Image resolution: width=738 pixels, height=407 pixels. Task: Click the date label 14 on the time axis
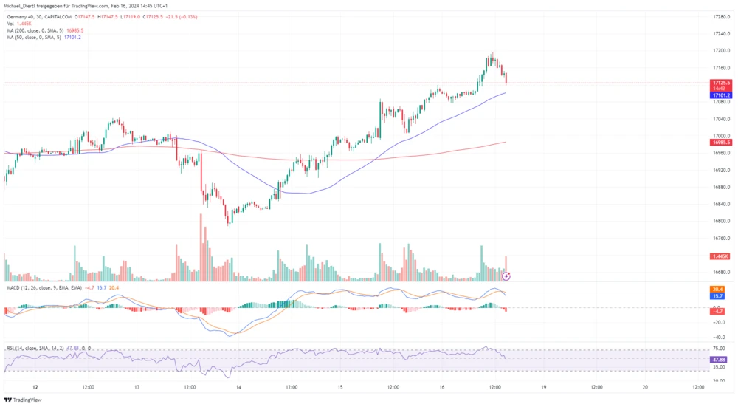238,386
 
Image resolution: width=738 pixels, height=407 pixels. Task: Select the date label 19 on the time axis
543,386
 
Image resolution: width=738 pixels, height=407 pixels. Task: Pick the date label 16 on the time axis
441,386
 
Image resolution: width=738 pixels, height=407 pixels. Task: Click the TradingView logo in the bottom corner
23,400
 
